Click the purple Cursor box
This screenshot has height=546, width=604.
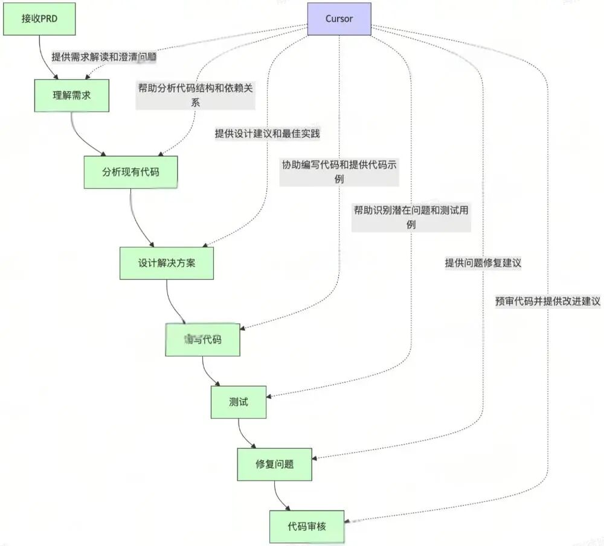(x=339, y=18)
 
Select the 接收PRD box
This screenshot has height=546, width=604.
(x=39, y=18)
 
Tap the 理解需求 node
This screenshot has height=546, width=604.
(x=71, y=95)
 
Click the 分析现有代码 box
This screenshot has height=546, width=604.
(x=131, y=172)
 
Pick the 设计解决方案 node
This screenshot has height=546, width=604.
(x=167, y=263)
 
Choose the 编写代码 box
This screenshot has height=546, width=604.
(x=203, y=340)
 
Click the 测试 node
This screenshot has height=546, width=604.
(x=239, y=402)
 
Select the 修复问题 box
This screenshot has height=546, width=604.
(x=275, y=465)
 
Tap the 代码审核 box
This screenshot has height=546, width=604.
(x=307, y=527)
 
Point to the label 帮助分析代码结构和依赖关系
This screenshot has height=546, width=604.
(x=195, y=95)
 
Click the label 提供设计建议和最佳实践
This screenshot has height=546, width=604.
(x=267, y=134)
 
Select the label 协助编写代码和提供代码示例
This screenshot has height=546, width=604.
(x=339, y=171)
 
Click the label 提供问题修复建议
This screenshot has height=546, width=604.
(x=483, y=263)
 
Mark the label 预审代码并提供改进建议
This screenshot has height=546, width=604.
(x=547, y=302)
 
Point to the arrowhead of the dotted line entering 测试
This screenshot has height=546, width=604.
(x=270, y=397)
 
